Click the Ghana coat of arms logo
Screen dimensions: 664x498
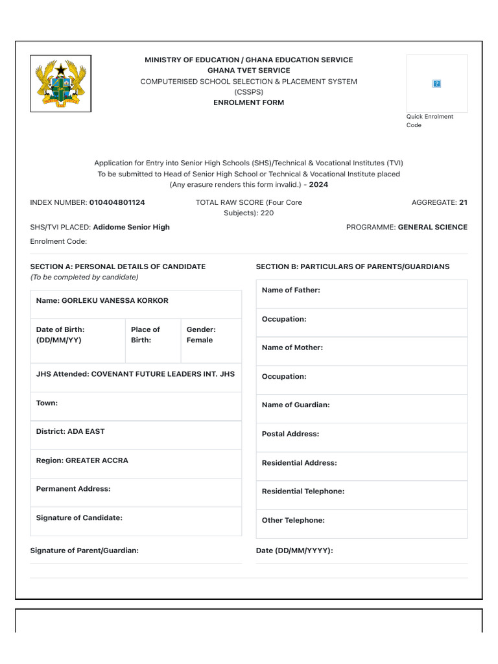pos(60,84)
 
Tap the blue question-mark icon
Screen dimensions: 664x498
pos(436,84)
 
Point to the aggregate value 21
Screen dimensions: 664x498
pos(463,202)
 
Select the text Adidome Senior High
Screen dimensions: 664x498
pos(131,227)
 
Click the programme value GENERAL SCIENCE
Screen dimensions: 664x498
pos(432,227)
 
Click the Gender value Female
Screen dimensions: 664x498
pos(199,340)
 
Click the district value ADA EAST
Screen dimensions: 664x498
pos(86,431)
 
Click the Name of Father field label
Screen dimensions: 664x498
pos(290,290)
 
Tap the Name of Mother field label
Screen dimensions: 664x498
pos(292,348)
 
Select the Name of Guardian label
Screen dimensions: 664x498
pos(295,405)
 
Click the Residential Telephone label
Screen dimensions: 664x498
pos(303,492)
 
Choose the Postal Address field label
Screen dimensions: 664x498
pos(290,434)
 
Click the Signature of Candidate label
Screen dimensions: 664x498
pos(79,517)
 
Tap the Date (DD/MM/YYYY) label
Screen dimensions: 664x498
pos(294,551)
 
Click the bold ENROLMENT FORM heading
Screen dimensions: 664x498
pos(248,102)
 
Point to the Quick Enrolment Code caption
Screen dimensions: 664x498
pos(429,121)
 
